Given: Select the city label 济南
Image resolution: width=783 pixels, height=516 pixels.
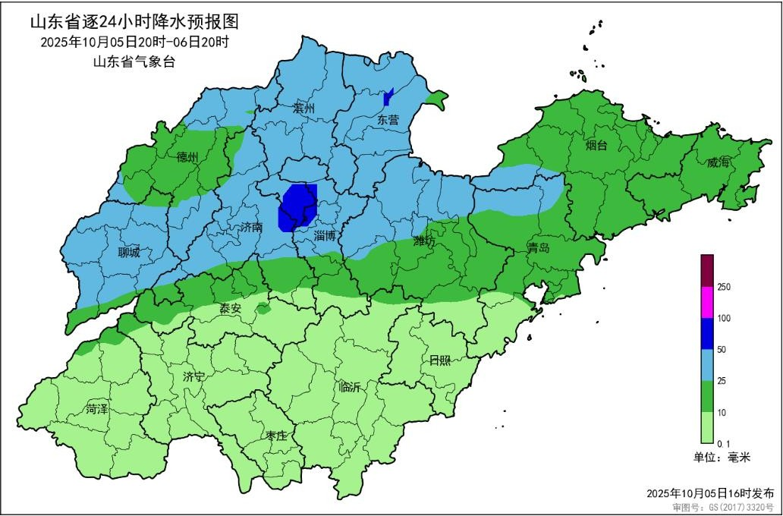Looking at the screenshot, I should (x=250, y=227).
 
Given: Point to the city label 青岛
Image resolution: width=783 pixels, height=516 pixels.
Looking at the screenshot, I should (x=539, y=247).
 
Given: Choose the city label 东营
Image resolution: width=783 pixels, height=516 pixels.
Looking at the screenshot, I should (x=388, y=120).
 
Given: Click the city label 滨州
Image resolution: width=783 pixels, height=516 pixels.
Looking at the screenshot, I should (x=303, y=109).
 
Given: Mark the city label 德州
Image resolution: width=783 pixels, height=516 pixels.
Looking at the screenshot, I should (x=187, y=157).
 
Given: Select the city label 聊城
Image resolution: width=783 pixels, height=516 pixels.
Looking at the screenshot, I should (x=129, y=253).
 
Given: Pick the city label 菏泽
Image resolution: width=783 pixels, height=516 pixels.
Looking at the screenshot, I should (x=97, y=408).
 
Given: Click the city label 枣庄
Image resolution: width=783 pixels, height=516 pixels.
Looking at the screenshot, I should (x=276, y=436).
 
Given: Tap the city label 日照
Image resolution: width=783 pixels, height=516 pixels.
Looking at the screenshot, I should (x=439, y=360).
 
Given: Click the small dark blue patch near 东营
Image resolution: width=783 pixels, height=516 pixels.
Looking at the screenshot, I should (x=388, y=97).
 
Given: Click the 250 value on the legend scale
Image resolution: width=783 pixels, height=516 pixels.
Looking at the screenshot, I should (x=724, y=287).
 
